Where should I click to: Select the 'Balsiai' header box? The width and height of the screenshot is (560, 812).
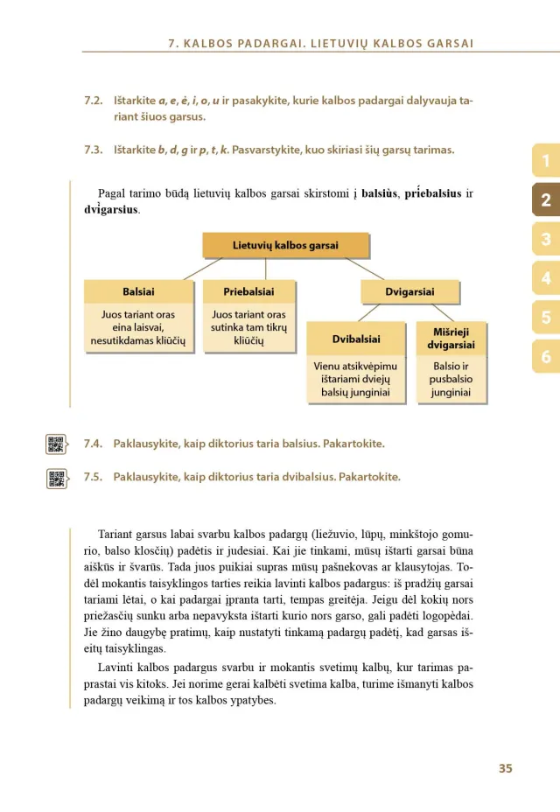(138, 292)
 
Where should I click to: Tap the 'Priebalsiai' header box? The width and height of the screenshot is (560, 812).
(248, 292)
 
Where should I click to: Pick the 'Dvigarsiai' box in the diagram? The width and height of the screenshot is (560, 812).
(409, 292)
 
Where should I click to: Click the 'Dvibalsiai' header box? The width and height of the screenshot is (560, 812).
(356, 339)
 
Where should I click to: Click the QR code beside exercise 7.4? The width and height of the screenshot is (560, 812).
(56, 444)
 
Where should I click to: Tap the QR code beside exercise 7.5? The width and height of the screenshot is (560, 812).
(56, 478)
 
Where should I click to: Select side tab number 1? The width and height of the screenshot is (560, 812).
(546, 161)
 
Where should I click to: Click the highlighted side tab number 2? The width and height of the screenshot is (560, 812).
(546, 200)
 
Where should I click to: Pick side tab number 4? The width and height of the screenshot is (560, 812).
(546, 278)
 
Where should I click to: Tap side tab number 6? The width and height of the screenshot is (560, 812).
(546, 356)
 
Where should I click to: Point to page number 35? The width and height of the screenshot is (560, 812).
(505, 768)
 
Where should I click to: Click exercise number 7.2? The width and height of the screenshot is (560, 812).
(94, 101)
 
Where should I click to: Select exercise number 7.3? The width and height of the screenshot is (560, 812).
(94, 150)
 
